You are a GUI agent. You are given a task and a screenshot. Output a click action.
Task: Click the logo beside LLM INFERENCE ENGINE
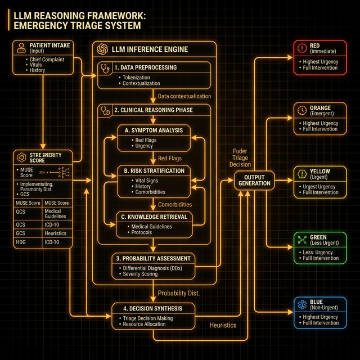point(102,49)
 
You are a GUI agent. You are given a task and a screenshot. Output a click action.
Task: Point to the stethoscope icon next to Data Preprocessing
point(105,67)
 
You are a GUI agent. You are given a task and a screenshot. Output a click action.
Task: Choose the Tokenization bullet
point(139,78)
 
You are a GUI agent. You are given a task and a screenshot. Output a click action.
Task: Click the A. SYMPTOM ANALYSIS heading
point(154,130)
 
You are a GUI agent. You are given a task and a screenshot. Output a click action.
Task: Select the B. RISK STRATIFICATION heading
point(154,170)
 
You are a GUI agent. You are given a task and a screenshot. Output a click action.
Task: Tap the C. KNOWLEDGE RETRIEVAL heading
point(154,216)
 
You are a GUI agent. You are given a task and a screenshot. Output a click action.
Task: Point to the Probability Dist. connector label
point(179,293)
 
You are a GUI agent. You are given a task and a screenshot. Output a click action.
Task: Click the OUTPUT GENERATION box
point(255,181)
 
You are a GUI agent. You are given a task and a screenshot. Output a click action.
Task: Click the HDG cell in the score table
point(21,242)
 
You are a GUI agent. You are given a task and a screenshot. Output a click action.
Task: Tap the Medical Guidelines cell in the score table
point(56,213)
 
